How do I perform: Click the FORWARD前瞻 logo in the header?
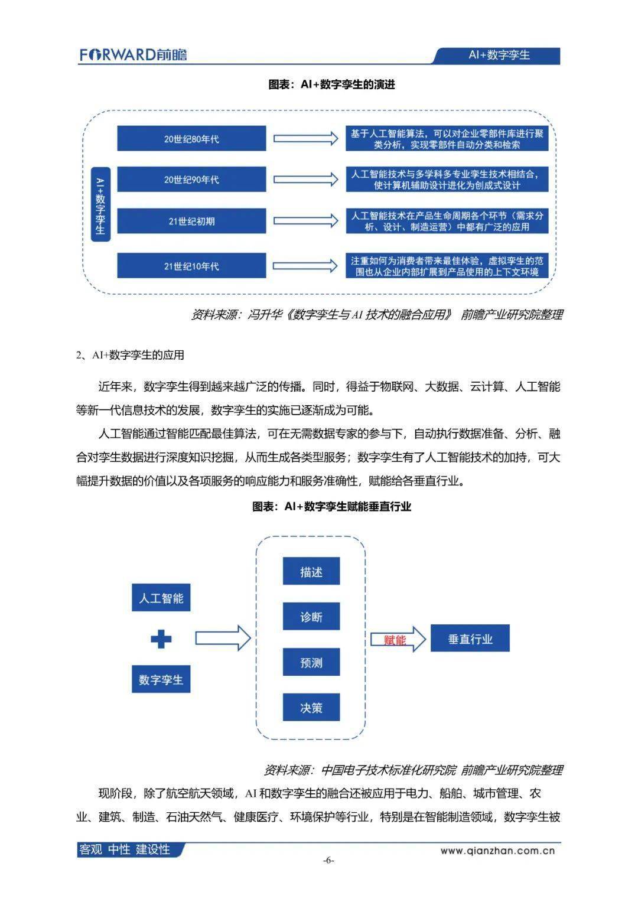[x=134, y=55]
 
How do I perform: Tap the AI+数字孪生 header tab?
[x=499, y=56]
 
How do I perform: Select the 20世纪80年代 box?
[x=191, y=139]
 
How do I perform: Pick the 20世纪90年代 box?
[x=191, y=180]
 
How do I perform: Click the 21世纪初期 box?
[x=191, y=222]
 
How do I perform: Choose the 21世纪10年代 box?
[x=191, y=266]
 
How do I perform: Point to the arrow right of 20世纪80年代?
[x=305, y=139]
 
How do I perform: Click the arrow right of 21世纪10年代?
[x=305, y=266]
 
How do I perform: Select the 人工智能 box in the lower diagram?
[x=161, y=598]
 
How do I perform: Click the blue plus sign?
[x=161, y=639]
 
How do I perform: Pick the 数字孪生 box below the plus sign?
[x=161, y=679]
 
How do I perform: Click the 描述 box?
[x=311, y=571]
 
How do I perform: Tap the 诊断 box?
[x=311, y=617]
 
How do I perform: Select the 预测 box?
[x=311, y=662]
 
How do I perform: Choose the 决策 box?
[x=311, y=707]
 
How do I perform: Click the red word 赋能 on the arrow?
[x=395, y=639]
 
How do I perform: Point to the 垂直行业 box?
[x=470, y=639]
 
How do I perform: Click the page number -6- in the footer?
[x=328, y=860]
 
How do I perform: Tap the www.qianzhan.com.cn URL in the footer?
[x=497, y=851]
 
